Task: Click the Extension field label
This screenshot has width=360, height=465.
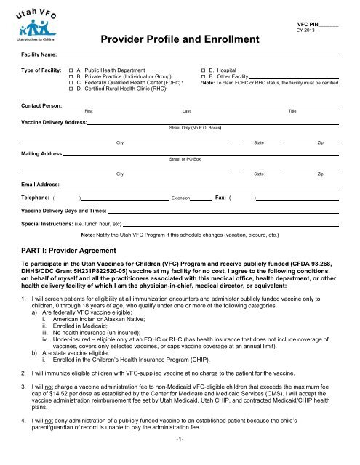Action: click(x=180, y=198)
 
